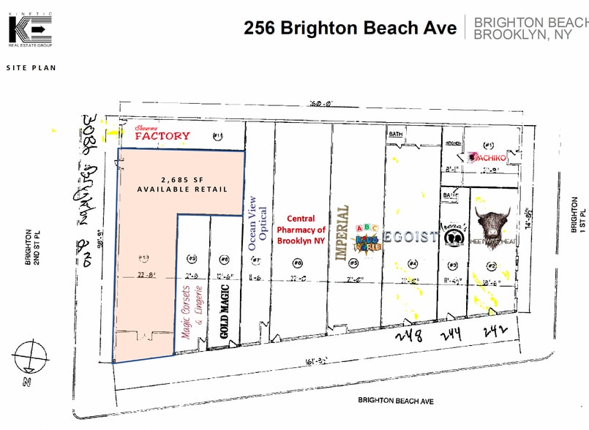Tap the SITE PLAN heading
[x=31, y=68]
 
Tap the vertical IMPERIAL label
[x=340, y=233]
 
